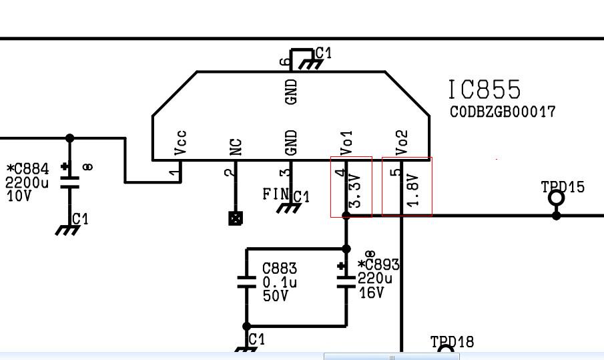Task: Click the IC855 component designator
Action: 485,89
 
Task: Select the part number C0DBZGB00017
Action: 503,112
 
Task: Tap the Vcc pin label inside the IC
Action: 180,143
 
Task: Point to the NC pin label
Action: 236,147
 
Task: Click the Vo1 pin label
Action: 346,143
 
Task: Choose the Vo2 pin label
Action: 401,143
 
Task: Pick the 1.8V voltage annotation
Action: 412,190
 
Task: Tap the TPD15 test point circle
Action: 556,198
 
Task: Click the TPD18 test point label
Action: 452,341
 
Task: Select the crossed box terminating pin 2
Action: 236,218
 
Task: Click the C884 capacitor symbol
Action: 69,182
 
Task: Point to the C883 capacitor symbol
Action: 246,282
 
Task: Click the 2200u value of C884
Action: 27,183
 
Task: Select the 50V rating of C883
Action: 275,296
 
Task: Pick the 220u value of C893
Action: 375,278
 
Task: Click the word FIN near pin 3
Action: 275,194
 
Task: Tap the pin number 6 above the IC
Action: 285,61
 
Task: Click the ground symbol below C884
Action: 68,230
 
